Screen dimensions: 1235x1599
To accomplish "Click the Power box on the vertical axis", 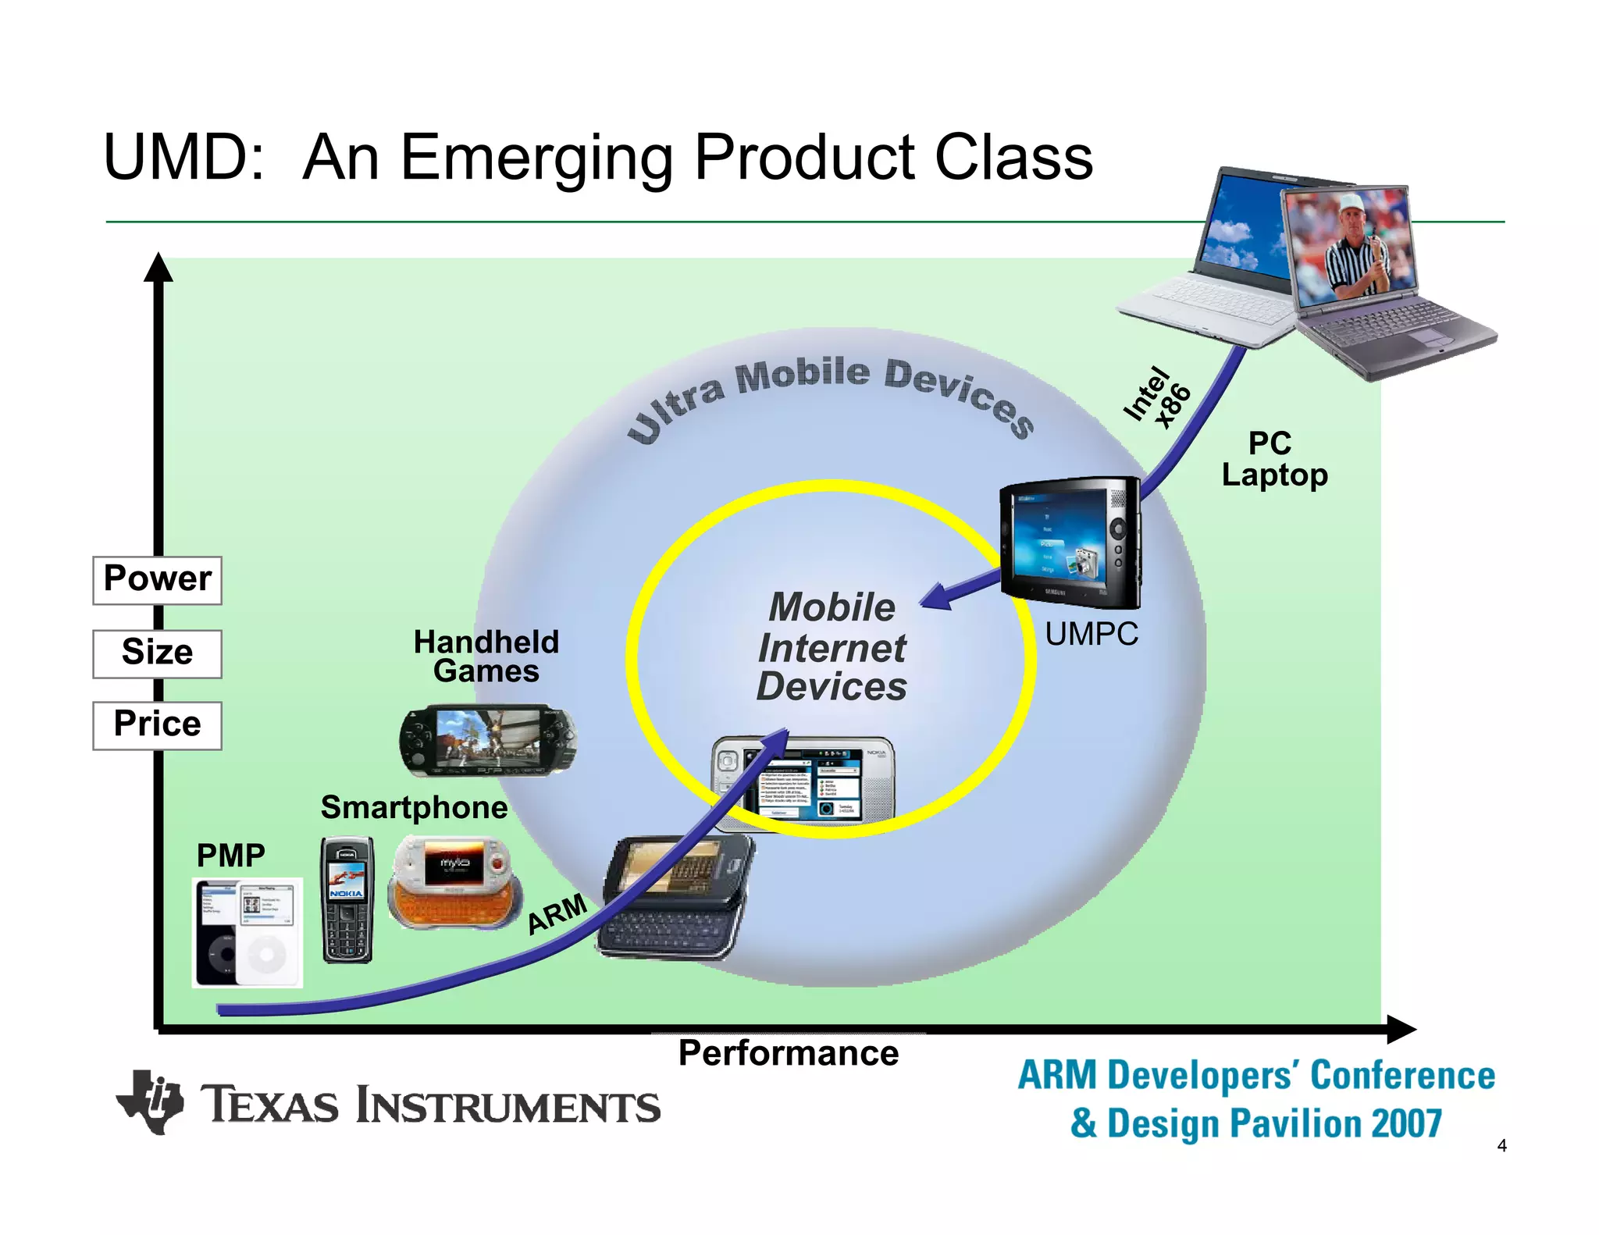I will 157,580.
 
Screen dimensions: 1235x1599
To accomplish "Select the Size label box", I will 157,653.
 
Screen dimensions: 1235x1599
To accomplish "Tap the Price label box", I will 157,725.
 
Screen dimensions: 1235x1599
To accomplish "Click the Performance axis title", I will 788,1053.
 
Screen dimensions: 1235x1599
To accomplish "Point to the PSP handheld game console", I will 488,740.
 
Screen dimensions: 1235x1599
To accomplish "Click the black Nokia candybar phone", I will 347,899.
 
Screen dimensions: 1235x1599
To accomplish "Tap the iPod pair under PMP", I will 247,932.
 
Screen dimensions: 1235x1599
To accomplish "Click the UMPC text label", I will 1092,634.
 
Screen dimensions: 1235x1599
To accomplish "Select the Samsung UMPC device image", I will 1070,543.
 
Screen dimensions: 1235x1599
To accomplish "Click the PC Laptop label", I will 1274,459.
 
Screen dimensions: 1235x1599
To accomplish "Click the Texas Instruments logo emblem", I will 150,1102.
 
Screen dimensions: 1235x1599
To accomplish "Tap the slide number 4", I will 1501,1146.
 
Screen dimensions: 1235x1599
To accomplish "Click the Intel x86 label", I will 1156,398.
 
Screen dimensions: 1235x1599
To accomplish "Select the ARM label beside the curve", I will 557,913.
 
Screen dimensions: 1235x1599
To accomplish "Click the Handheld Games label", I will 486,657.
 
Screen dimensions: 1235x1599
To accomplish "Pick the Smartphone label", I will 414,807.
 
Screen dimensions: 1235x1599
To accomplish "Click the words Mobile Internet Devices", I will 832,647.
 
